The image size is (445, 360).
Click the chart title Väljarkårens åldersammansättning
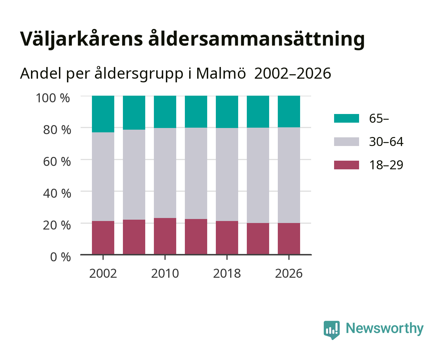[x=192, y=39]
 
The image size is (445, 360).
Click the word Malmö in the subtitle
[x=221, y=74]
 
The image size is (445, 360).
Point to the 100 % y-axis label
[x=53, y=98]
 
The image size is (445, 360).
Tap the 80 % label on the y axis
[x=57, y=130]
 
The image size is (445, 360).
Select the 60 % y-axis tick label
[x=57, y=161]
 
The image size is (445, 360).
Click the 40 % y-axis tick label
[x=57, y=193]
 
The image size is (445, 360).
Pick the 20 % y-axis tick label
[x=57, y=225]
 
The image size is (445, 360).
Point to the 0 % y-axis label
[x=60, y=257]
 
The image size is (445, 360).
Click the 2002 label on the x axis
[x=103, y=273]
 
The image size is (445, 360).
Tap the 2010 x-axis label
[x=165, y=273]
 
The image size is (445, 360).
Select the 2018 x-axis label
[x=227, y=273]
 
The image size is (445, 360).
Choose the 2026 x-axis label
[x=289, y=273]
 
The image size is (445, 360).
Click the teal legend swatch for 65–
[x=347, y=118]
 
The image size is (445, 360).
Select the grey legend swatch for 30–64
[x=347, y=142]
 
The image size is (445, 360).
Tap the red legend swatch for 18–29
[x=347, y=165]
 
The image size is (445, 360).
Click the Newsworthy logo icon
[x=332, y=330]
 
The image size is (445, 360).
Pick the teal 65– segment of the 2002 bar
[x=103, y=114]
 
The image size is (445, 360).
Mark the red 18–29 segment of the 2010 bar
[x=165, y=236]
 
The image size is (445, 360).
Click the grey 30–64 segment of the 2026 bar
[x=289, y=175]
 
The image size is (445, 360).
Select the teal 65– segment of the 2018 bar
[x=227, y=112]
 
